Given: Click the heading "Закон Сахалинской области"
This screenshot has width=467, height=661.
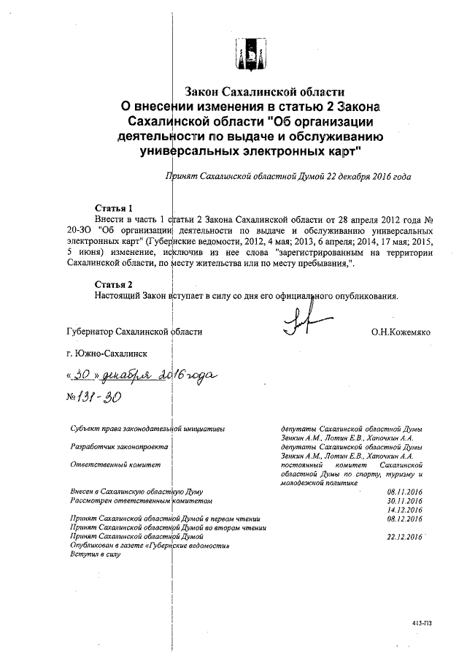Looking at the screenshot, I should (x=263, y=92).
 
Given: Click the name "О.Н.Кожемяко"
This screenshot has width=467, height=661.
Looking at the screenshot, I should (x=401, y=332).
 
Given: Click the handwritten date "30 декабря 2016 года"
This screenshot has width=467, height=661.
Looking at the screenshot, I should (x=142, y=375).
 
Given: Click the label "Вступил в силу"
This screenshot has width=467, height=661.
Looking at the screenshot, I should (x=95, y=555).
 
